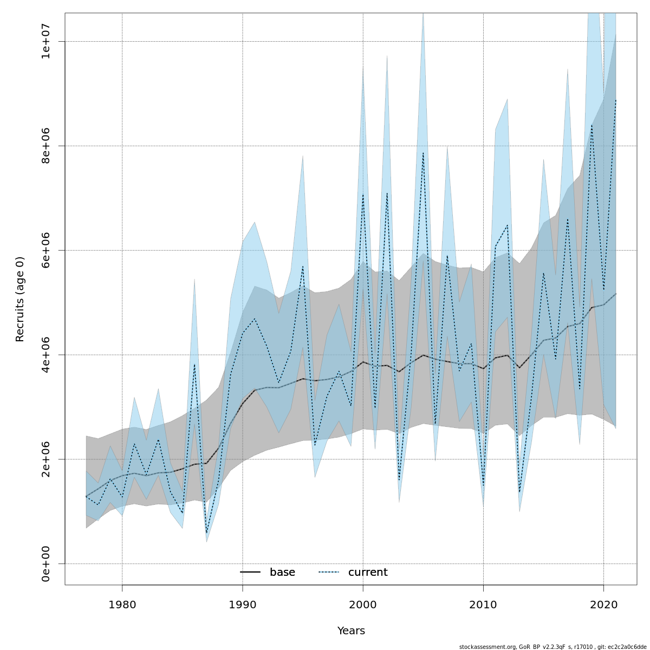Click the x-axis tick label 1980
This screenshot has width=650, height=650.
pos(122,604)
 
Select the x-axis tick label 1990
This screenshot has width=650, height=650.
pos(242,604)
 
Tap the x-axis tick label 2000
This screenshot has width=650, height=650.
pos(363,604)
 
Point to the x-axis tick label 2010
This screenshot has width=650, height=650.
pos(483,604)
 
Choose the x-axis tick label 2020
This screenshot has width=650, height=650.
pos(603,604)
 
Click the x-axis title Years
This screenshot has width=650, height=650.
pos(351,631)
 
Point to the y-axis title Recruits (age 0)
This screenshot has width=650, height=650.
pos(20,299)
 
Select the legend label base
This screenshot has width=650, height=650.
pos(282,573)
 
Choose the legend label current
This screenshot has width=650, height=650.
pos(368,573)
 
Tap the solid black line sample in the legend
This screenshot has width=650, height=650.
pos(250,573)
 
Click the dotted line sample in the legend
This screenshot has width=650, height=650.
pos(329,573)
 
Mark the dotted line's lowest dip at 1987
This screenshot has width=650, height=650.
pos(206,534)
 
